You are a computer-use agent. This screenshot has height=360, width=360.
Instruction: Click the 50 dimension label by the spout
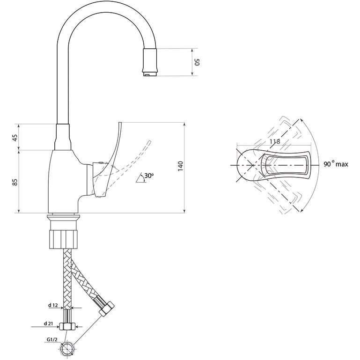pyautogui.click(x=197, y=62)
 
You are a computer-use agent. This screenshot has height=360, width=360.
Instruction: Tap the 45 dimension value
pyautogui.click(x=15, y=138)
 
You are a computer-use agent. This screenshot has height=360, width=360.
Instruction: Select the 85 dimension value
pyautogui.click(x=15, y=182)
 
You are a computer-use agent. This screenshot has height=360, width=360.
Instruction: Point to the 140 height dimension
pyautogui.click(x=180, y=166)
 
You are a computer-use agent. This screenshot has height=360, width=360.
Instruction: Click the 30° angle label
pyautogui.click(x=149, y=176)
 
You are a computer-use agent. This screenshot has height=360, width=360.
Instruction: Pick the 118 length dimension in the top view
pyautogui.click(x=275, y=141)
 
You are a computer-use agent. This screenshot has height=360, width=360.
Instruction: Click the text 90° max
pyautogui.click(x=336, y=164)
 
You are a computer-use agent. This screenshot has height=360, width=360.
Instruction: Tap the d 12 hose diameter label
pyautogui.click(x=52, y=305)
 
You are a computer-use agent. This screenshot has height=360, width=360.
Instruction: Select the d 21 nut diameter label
pyautogui.click(x=48, y=324)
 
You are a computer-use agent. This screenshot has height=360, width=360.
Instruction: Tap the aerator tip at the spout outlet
pyautogui.click(x=150, y=74)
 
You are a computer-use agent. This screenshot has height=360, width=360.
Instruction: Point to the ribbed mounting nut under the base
pyautogui.click(x=64, y=239)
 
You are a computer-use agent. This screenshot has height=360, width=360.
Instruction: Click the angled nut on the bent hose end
pyautogui.click(x=107, y=309)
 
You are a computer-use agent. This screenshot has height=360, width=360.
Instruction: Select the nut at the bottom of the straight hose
pyautogui.click(x=67, y=326)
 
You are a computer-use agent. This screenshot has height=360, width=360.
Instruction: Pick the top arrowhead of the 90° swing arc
pyautogui.click(x=301, y=120)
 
